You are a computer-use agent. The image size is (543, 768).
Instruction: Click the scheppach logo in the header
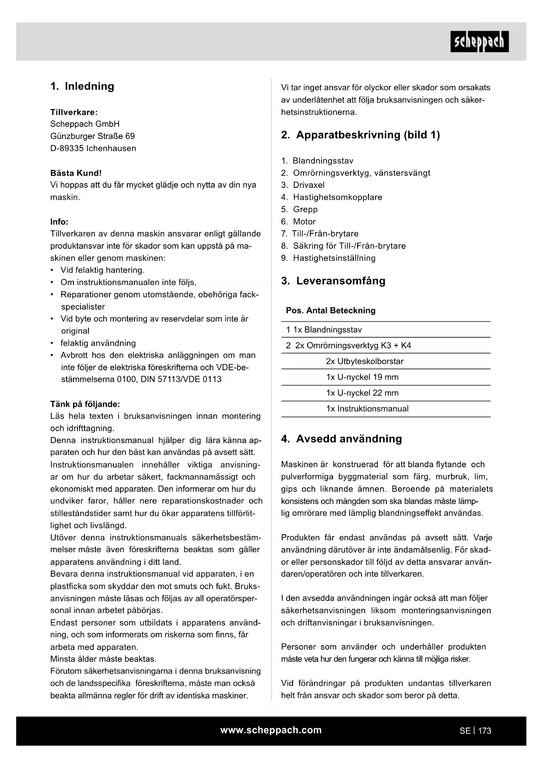pyautogui.click(x=479, y=42)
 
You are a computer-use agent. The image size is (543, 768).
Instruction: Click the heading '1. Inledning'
pyautogui.click(x=82, y=86)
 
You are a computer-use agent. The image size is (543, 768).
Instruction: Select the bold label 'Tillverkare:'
pyautogui.click(x=74, y=112)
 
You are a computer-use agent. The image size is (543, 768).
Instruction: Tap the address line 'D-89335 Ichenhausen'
pyautogui.click(x=93, y=148)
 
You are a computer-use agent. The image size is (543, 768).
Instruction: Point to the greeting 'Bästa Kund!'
pyautogui.click(x=76, y=173)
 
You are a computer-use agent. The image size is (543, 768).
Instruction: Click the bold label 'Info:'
pyautogui.click(x=60, y=222)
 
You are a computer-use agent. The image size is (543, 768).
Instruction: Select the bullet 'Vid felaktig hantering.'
pyautogui.click(x=102, y=270)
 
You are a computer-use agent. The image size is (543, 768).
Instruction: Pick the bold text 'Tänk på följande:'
pyautogui.click(x=85, y=404)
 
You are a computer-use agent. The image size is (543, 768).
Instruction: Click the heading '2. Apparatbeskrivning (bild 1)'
pyautogui.click(x=361, y=135)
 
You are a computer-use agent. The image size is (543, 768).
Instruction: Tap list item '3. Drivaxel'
pyautogui.click(x=303, y=185)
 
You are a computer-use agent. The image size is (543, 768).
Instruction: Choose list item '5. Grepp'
pyautogui.click(x=299, y=209)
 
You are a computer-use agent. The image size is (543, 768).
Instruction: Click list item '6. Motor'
pyautogui.click(x=298, y=222)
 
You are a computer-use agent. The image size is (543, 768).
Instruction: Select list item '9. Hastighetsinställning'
pyautogui.click(x=328, y=258)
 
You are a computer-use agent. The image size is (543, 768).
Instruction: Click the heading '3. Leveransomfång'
pyautogui.click(x=333, y=281)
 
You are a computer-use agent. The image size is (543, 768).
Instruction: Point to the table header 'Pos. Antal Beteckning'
pyautogui.click(x=331, y=310)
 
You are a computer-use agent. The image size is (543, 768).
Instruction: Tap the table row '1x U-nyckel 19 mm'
pyautogui.click(x=362, y=377)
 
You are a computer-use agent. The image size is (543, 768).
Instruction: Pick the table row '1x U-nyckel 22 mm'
pyautogui.click(x=362, y=393)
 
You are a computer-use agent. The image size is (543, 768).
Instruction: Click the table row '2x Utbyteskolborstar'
pyautogui.click(x=364, y=361)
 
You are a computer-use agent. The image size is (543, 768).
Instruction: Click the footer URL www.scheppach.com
pyautogui.click(x=271, y=730)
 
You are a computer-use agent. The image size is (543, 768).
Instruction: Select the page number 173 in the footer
pyautogui.click(x=484, y=731)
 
